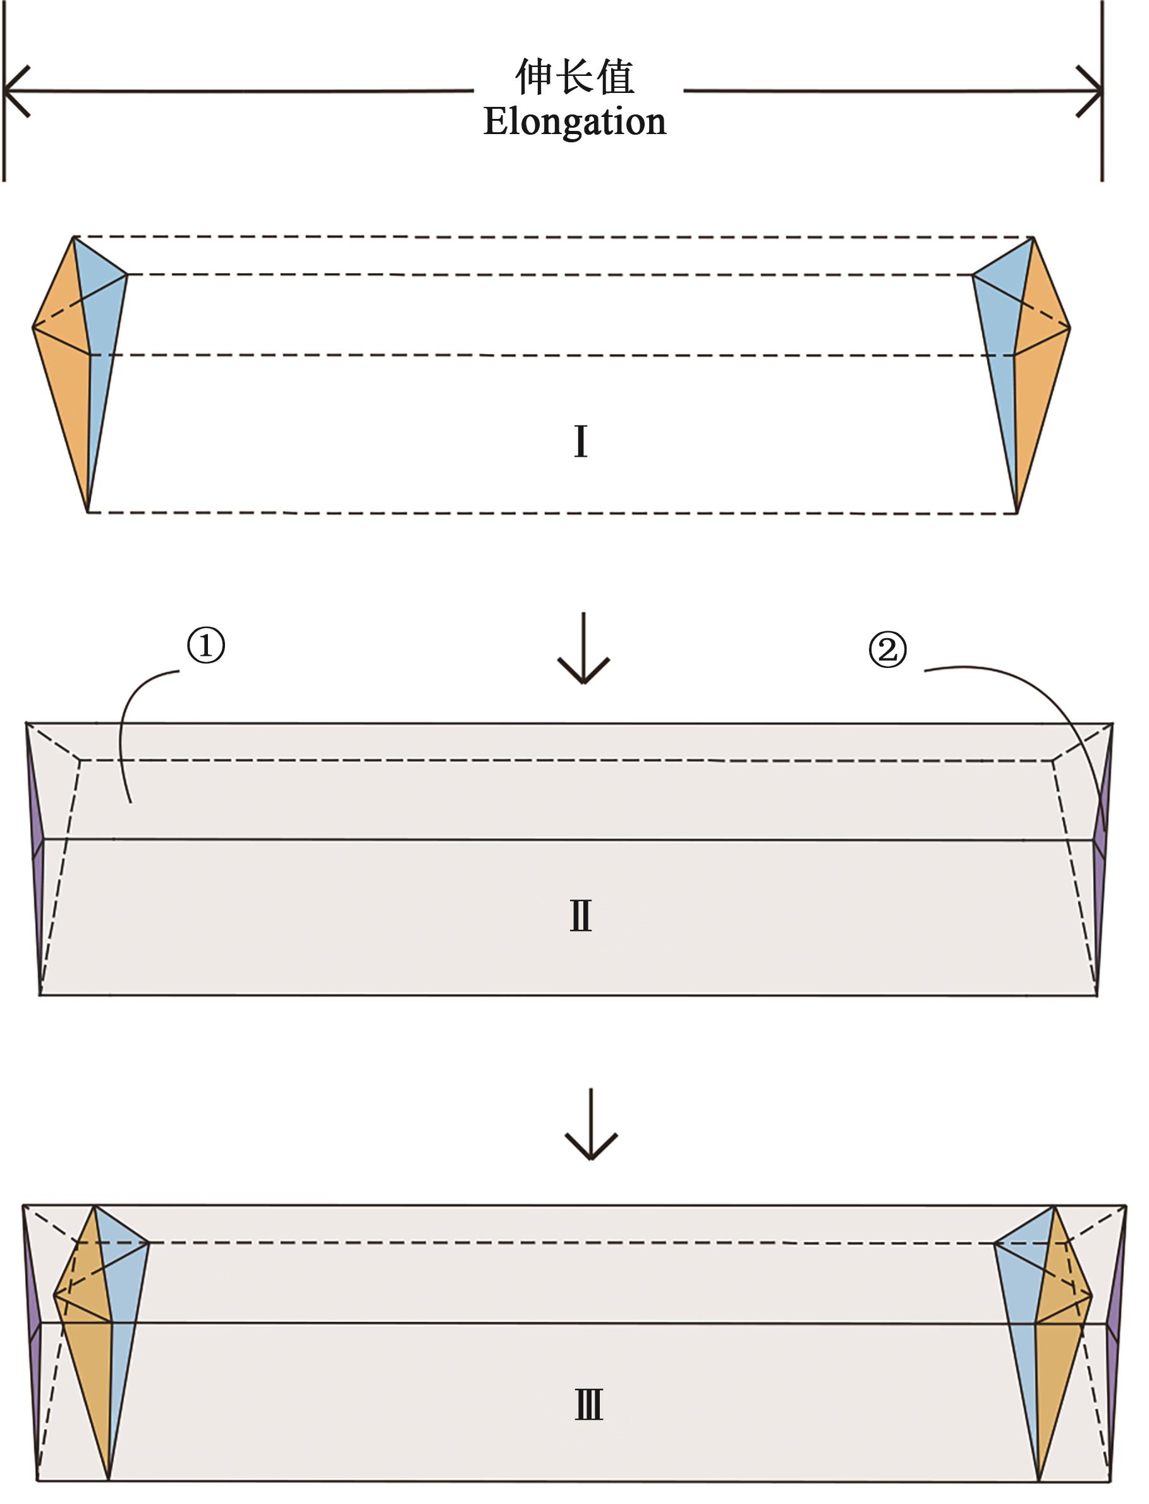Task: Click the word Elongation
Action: coord(574,122)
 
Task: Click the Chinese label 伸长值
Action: coord(574,77)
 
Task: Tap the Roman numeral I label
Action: coord(580,441)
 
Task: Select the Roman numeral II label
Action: coord(581,916)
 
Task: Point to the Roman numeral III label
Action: coord(588,1405)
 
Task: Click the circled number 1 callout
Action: coord(206,644)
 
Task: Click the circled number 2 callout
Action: coord(887,649)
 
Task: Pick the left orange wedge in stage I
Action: coord(65,383)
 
